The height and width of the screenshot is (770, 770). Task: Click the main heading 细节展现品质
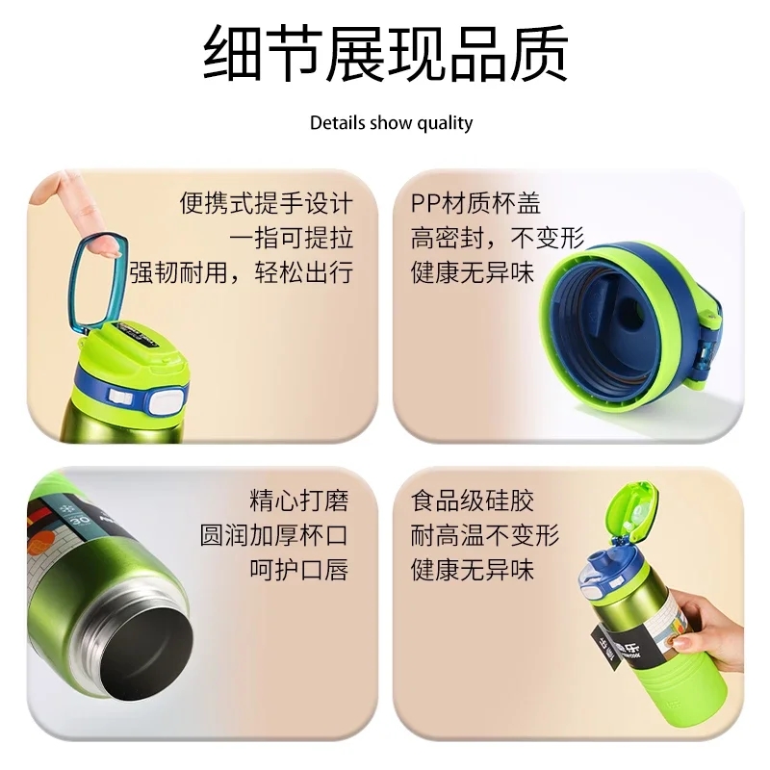pyautogui.click(x=386, y=54)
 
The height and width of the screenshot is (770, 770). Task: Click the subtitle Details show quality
pyautogui.click(x=392, y=123)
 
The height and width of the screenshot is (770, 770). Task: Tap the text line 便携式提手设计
pyautogui.click(x=267, y=203)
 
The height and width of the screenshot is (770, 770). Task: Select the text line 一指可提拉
pyautogui.click(x=292, y=238)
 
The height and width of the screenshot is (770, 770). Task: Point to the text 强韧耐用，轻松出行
pyautogui.click(x=242, y=272)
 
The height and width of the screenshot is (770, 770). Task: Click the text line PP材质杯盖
pyautogui.click(x=475, y=203)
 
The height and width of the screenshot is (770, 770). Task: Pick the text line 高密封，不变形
pyautogui.click(x=498, y=238)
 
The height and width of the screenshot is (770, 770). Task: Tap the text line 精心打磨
pyautogui.click(x=299, y=500)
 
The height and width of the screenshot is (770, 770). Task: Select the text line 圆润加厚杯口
pyautogui.click(x=274, y=535)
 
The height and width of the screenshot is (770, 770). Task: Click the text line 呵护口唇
pyautogui.click(x=299, y=570)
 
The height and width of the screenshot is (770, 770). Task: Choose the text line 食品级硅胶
pyautogui.click(x=473, y=500)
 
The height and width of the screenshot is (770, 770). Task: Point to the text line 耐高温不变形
pyautogui.click(x=485, y=535)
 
